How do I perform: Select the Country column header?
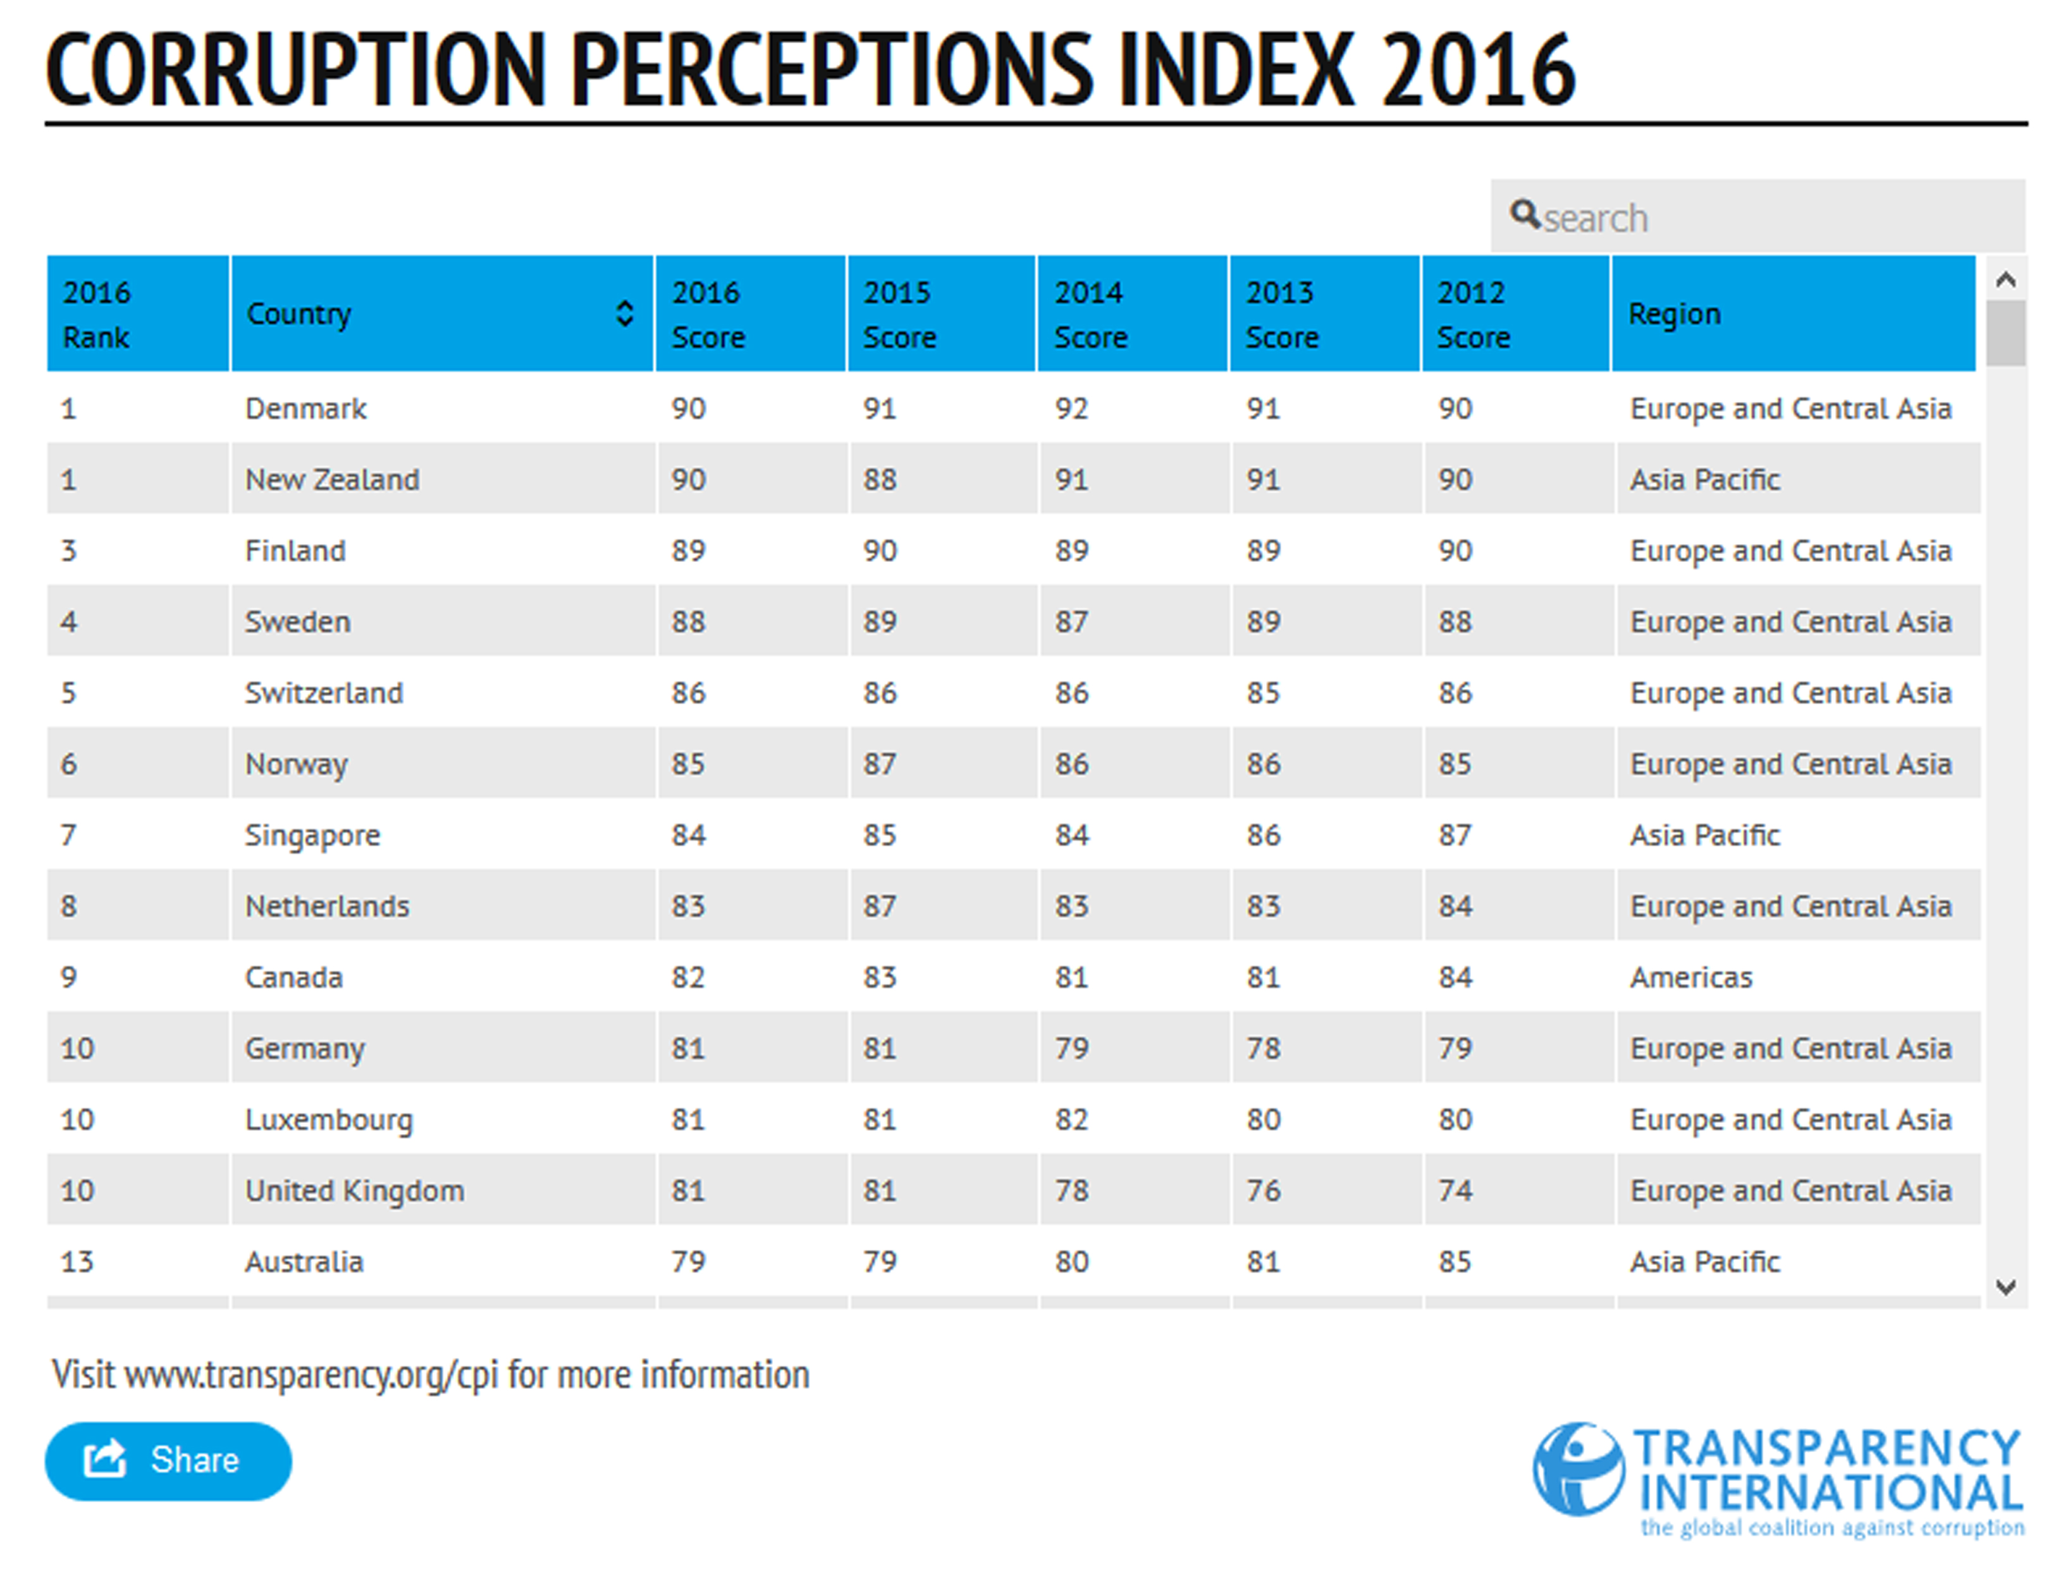[299, 313]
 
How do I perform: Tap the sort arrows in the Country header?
[624, 313]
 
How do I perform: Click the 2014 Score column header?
[1090, 313]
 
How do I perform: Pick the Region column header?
[1674, 313]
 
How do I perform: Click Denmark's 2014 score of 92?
[1071, 408]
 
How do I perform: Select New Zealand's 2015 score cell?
[880, 479]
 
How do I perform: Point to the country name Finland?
[295, 550]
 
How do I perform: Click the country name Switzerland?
[323, 693]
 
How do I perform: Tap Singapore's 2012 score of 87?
[1455, 834]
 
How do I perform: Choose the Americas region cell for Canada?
[1690, 977]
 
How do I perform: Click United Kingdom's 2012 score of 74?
[1455, 1190]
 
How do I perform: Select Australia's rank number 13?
[77, 1261]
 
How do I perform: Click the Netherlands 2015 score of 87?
[880, 905]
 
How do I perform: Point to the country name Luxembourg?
[329, 1119]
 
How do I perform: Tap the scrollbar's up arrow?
[2005, 279]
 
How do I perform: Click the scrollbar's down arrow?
[2005, 1286]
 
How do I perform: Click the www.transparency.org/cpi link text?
[311, 1374]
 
